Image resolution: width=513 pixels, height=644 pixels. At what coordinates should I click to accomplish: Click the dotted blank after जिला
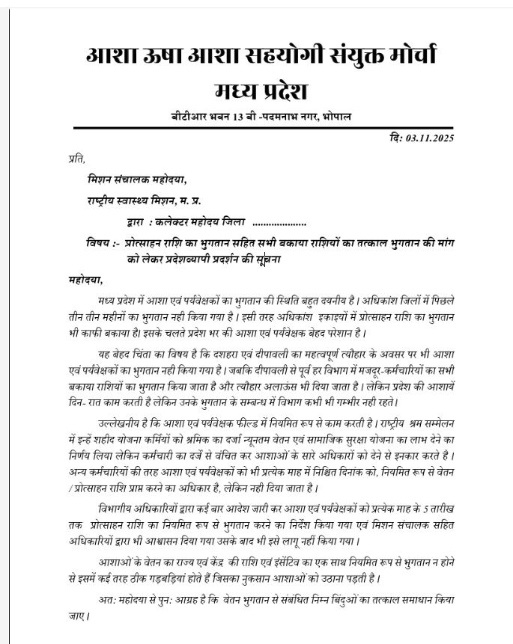click(x=279, y=223)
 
